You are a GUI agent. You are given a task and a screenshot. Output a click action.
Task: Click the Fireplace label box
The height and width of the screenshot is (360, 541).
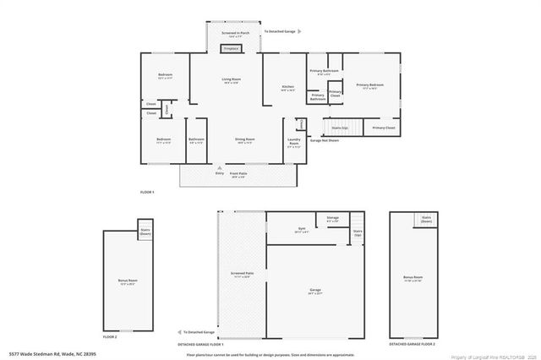click(x=230, y=49)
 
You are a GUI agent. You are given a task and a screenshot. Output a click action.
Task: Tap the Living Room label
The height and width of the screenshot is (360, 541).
click(x=230, y=80)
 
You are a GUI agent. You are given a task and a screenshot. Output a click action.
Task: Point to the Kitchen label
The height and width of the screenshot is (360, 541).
click(x=287, y=88)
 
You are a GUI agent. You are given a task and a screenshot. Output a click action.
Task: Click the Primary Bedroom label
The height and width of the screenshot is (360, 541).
click(x=369, y=86)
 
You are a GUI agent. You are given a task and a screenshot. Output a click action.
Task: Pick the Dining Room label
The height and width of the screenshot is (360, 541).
click(x=244, y=140)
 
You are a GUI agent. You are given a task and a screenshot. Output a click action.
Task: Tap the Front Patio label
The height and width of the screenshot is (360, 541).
click(x=238, y=175)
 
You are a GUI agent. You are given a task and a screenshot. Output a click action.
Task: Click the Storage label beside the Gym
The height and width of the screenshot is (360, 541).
click(x=332, y=219)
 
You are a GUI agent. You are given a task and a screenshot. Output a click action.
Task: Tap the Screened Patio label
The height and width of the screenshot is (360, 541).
click(x=241, y=275)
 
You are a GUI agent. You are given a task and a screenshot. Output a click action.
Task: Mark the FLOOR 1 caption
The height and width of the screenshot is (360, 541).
click(x=149, y=192)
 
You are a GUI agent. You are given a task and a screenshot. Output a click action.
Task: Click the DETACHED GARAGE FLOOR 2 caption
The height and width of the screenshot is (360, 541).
click(x=413, y=344)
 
